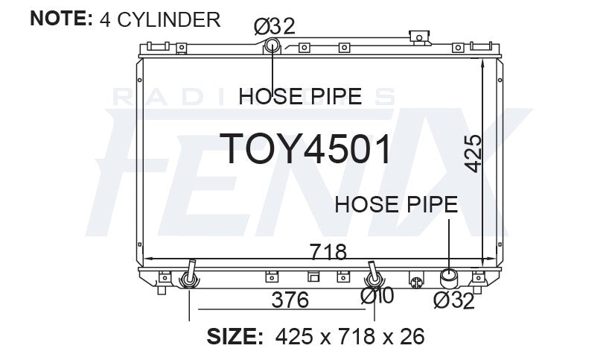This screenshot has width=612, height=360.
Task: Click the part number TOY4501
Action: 305,148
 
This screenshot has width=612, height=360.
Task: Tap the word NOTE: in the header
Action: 61,19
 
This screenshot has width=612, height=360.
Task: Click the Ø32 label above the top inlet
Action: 275,27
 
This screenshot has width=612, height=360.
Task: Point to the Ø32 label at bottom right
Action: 454,300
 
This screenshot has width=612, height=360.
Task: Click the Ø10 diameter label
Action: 377,296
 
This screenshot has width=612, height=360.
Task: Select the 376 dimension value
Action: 290,300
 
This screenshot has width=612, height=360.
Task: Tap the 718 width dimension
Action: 328,252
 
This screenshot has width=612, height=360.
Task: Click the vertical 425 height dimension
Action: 473,154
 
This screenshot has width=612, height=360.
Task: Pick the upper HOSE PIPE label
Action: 300,96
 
